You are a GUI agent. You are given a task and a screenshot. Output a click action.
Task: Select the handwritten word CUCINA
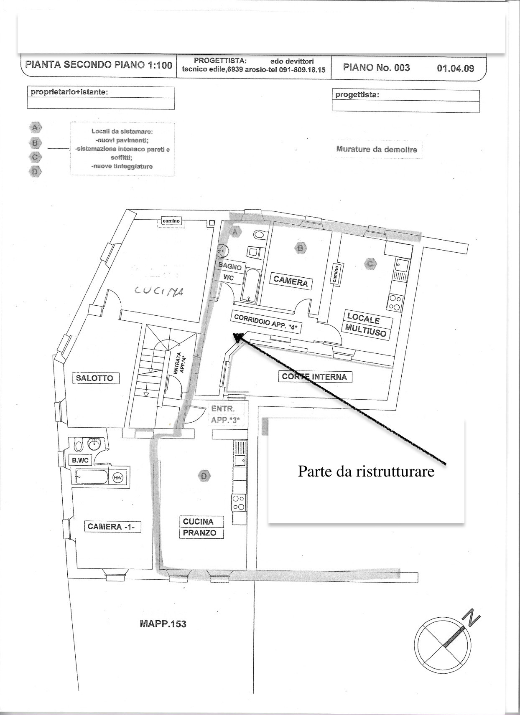point(159,291)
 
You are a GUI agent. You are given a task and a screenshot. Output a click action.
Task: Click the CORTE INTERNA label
point(314,377)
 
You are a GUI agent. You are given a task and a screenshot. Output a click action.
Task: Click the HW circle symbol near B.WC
point(118,477)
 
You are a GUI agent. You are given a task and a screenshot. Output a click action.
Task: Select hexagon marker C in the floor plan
point(370,264)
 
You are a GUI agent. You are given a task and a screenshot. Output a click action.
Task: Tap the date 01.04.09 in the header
point(456,68)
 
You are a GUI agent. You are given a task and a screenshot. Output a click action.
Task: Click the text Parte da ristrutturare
point(366,471)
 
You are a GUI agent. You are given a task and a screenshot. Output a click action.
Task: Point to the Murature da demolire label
point(377,150)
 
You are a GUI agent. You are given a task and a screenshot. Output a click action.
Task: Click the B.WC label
point(80,460)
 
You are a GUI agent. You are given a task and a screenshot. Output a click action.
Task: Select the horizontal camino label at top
point(171,221)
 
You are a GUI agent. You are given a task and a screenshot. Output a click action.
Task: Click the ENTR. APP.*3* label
point(225,414)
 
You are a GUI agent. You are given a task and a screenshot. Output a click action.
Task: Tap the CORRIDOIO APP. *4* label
point(266,321)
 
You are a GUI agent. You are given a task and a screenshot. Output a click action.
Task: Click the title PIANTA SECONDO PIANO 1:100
point(99,65)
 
